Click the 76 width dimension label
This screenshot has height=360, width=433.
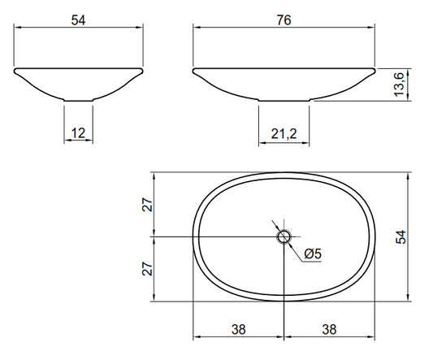[284, 20]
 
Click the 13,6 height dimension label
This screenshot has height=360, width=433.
[399, 85]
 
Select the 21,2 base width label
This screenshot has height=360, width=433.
[284, 134]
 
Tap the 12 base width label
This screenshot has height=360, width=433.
[78, 133]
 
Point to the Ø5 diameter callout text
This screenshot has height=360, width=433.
[313, 254]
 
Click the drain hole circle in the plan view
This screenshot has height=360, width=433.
[284, 236]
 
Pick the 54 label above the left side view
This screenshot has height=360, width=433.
[79, 20]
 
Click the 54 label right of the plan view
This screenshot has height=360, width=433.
[401, 236]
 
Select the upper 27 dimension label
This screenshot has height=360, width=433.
[147, 205]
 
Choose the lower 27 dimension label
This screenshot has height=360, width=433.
[147, 269]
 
